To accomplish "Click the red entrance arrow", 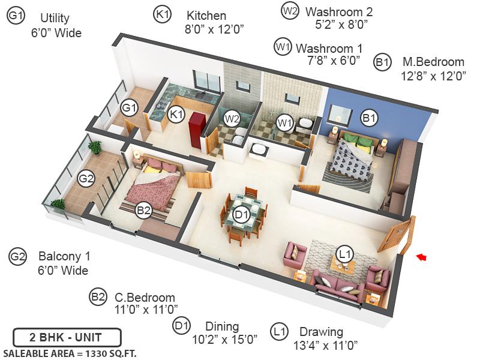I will (421, 257).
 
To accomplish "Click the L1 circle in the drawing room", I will (344, 253).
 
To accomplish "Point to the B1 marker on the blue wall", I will (368, 118).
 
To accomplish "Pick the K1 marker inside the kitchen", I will (176, 115).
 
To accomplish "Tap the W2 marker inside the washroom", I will (232, 118).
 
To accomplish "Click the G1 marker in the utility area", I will (130, 108).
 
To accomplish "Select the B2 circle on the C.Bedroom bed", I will (143, 209).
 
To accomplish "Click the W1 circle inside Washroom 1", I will (284, 124).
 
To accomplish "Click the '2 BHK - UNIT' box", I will (67, 336).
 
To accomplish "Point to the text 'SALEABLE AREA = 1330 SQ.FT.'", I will (70, 353).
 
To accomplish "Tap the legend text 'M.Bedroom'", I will (433, 62).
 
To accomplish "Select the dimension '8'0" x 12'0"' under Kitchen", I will (214, 28).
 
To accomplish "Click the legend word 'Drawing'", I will (321, 331).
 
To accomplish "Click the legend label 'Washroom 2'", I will (339, 11).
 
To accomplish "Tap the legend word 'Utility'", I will (55, 19).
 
